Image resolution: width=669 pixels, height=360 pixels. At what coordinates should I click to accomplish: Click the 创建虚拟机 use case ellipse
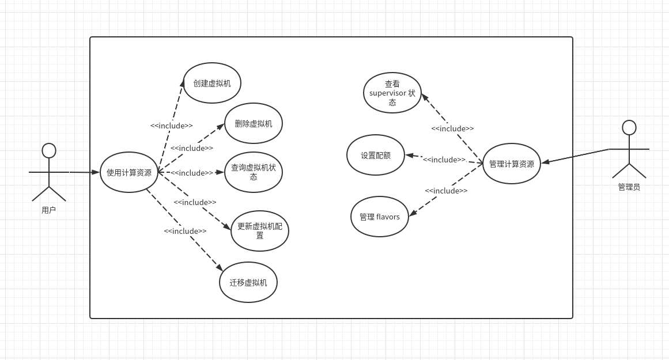point(212,83)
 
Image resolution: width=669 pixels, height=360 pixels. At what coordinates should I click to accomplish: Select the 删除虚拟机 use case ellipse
point(254,123)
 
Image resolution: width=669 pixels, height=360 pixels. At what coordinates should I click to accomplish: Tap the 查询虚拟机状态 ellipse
point(254,172)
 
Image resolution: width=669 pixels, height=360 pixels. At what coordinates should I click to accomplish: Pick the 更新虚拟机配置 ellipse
point(260,231)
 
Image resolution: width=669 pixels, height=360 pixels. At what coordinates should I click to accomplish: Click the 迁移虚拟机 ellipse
point(248,282)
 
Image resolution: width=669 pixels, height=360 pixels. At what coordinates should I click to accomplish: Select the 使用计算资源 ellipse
point(129,172)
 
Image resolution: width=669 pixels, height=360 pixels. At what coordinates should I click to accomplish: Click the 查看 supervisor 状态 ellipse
point(392,93)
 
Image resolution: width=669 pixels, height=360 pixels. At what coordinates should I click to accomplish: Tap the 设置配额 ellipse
point(376,155)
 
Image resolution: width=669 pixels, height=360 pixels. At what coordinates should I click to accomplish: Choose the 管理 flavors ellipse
point(380,217)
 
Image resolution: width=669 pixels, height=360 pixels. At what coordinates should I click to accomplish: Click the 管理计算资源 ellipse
point(512,164)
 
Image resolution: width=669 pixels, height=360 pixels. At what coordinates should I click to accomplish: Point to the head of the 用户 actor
point(49,150)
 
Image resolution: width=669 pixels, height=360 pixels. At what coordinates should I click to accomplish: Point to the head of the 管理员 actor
point(629,127)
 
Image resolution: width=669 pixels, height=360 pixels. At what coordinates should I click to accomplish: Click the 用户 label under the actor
point(49,210)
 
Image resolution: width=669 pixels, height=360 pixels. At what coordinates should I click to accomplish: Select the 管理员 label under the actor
point(629,187)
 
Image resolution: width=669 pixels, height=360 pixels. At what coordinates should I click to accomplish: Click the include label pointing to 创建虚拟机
point(172,126)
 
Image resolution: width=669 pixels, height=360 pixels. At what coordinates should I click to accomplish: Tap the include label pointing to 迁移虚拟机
point(185,231)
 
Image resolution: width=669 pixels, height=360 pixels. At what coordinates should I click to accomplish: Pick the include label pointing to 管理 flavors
point(446,191)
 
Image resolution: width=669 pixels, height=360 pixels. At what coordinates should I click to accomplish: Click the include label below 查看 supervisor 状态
point(452,128)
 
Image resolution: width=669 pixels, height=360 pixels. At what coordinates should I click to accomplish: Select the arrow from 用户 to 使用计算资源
point(84,172)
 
